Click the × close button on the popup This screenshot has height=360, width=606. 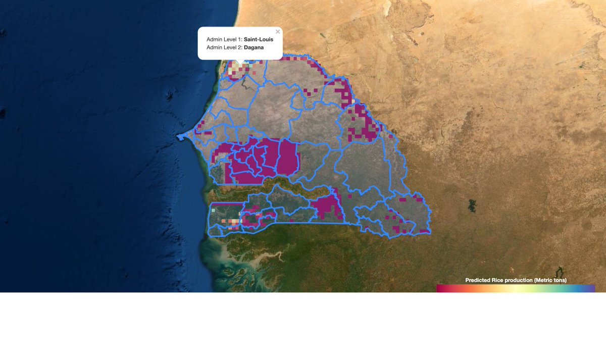[278, 32]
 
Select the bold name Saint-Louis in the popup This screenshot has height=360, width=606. [259, 39]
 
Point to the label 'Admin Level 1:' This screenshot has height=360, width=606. [224, 39]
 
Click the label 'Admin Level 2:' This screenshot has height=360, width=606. [224, 47]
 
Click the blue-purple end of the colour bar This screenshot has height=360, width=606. [592, 288]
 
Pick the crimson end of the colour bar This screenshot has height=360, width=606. [439, 288]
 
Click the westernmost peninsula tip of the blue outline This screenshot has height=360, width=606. [178, 137]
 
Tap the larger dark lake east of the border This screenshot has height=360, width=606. [472, 205]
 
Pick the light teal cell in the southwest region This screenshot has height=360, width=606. [213, 209]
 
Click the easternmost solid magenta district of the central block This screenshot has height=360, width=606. [289, 157]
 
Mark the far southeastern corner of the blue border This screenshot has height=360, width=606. [430, 232]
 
